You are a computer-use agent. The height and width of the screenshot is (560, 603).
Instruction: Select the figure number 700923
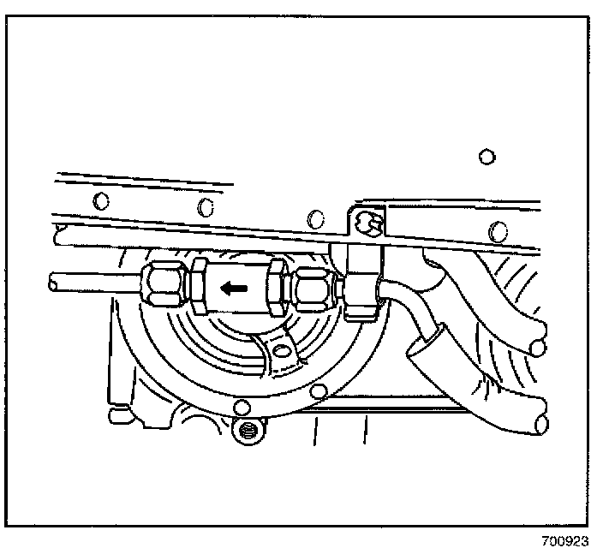[x=565, y=543]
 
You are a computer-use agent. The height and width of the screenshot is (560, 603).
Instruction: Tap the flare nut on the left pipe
[x=161, y=285]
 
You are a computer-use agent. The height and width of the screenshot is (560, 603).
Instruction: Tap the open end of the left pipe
[x=53, y=281]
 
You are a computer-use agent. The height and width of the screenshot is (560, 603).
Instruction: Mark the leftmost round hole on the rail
[x=102, y=201]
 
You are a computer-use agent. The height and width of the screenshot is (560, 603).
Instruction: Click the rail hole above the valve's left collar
[x=205, y=206]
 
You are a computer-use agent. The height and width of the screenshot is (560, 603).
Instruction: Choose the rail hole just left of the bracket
[x=315, y=215]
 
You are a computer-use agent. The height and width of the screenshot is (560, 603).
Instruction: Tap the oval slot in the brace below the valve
[x=283, y=351]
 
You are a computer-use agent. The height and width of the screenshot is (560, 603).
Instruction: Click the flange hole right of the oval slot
[x=319, y=392]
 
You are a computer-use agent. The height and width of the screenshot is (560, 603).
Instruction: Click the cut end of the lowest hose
[x=540, y=423]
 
